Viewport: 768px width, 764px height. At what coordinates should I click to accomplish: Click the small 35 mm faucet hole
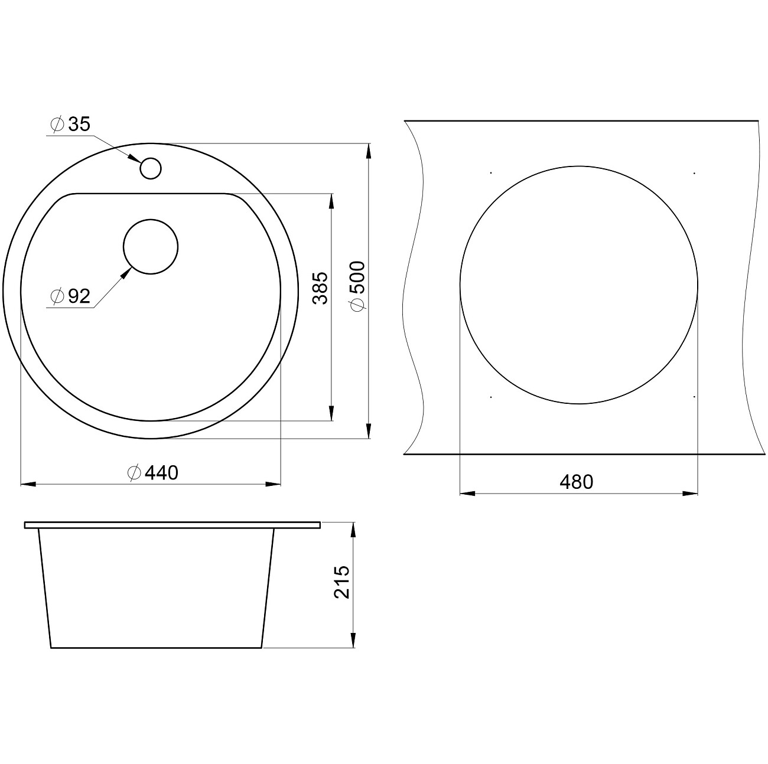coord(151,158)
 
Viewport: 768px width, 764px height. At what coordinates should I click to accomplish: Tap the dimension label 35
coord(79,124)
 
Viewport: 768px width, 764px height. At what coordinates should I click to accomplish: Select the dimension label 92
coord(79,296)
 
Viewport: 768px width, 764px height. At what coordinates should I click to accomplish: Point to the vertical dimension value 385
coord(320,288)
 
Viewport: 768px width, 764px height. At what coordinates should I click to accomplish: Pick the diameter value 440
coord(161,472)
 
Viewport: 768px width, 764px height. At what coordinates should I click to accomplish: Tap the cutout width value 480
coord(577,482)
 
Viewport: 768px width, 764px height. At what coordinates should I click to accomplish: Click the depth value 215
coord(341,582)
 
